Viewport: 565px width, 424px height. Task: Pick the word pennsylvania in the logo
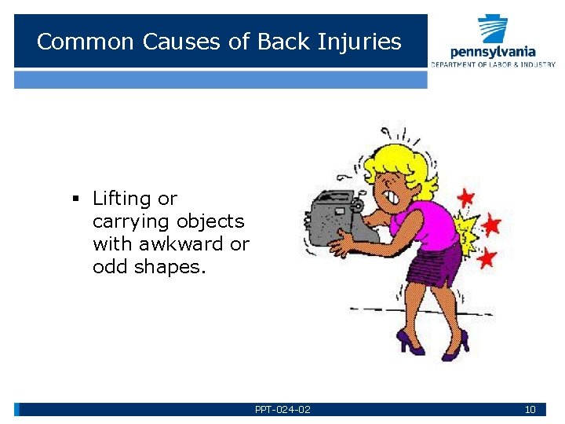tap(493, 52)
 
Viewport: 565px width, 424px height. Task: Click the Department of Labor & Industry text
tap(493, 64)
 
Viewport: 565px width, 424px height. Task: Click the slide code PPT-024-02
tap(282, 409)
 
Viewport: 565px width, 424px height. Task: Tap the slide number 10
tap(530, 409)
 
